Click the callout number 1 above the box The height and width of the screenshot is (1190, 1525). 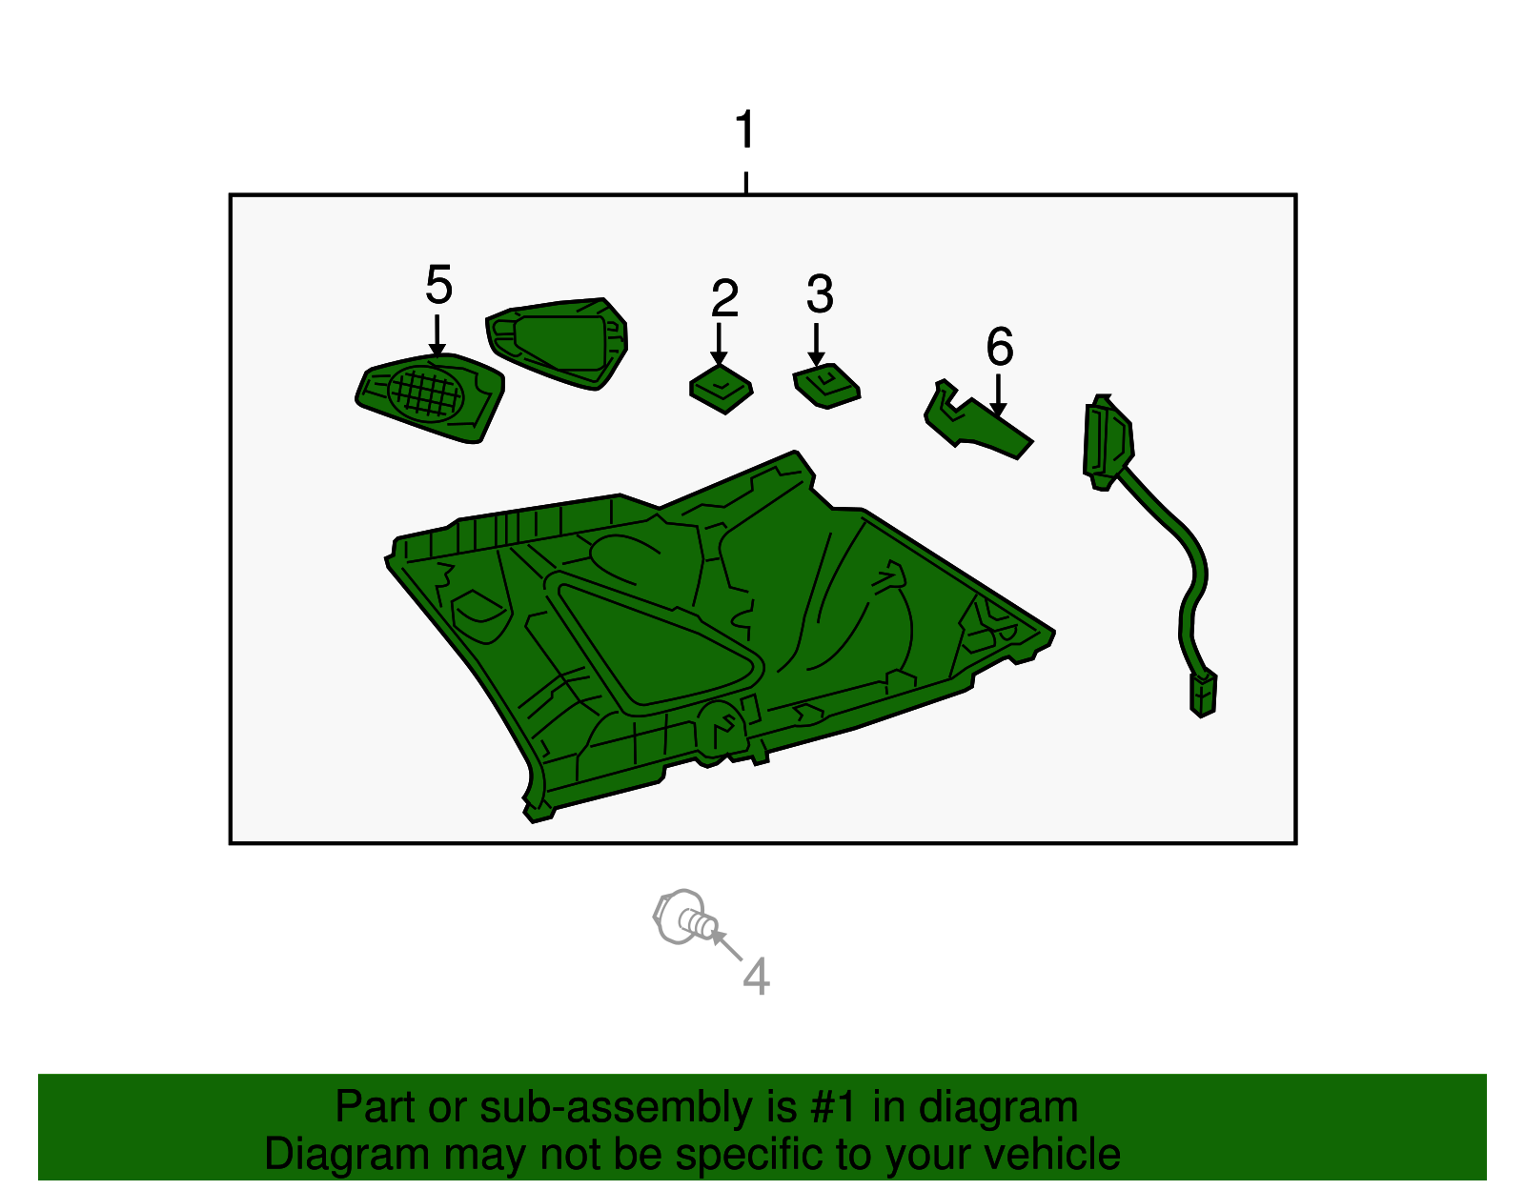pos(744,129)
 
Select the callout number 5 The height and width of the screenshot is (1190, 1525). pos(438,285)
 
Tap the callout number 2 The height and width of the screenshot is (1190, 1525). pos(724,297)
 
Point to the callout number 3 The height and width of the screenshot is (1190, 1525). pos(820,293)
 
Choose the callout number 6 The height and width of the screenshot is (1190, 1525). pos(1000,347)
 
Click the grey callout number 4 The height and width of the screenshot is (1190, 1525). pos(756,977)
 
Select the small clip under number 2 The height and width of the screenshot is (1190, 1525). pos(722,389)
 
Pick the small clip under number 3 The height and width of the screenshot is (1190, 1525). pos(826,386)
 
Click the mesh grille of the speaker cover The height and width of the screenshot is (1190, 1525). pos(425,395)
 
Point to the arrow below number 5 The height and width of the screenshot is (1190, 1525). pos(437,336)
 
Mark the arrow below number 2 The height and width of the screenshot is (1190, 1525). pos(719,344)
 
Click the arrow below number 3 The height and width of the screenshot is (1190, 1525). pos(816,344)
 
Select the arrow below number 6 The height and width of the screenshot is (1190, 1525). pos(998,394)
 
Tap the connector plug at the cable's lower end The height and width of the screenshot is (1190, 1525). pos(1203,694)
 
